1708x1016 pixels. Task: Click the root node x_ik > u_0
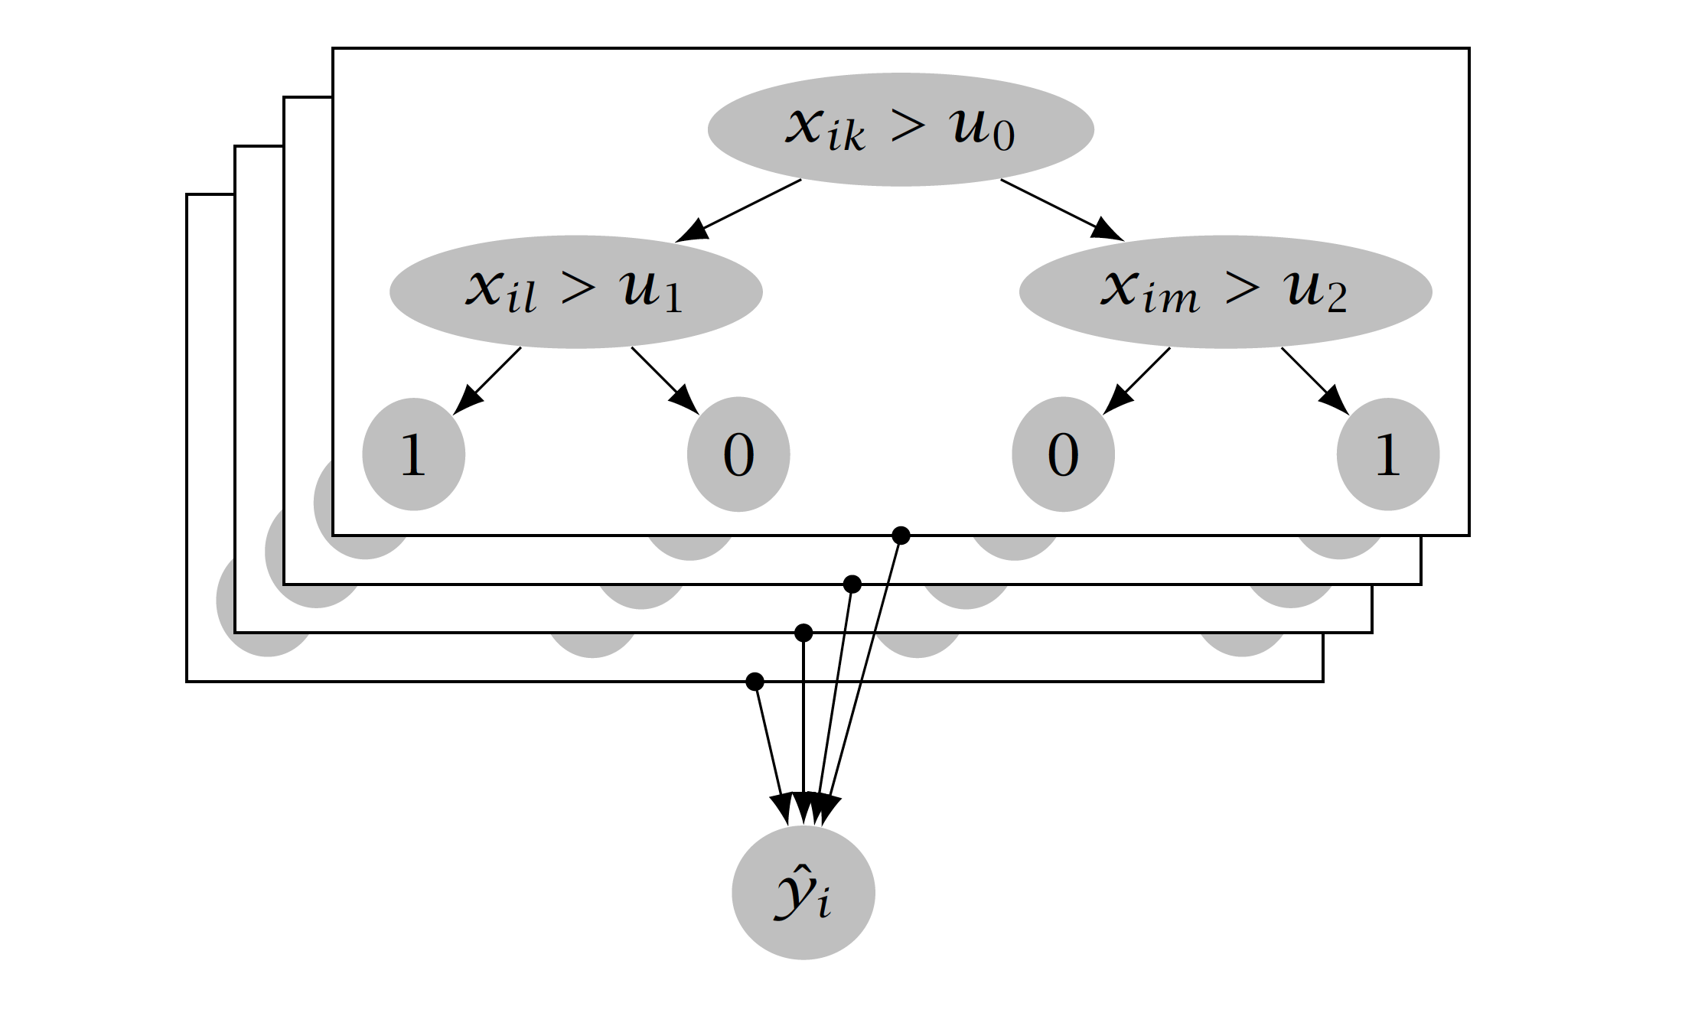(900, 129)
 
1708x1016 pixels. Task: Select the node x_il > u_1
(575, 291)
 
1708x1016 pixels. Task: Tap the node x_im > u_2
(1224, 291)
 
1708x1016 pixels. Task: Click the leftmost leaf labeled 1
(413, 454)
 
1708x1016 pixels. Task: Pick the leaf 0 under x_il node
(738, 454)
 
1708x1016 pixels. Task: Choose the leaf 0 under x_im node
(1063, 454)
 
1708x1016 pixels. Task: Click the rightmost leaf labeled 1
(1387, 454)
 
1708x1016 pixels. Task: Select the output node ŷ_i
(803, 893)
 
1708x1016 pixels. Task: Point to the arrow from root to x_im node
(1061, 209)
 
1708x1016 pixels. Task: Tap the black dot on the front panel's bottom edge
(901, 536)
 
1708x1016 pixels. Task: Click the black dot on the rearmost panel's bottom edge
(755, 681)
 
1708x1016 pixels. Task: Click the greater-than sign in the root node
(908, 127)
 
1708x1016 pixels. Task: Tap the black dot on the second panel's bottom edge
(852, 585)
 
